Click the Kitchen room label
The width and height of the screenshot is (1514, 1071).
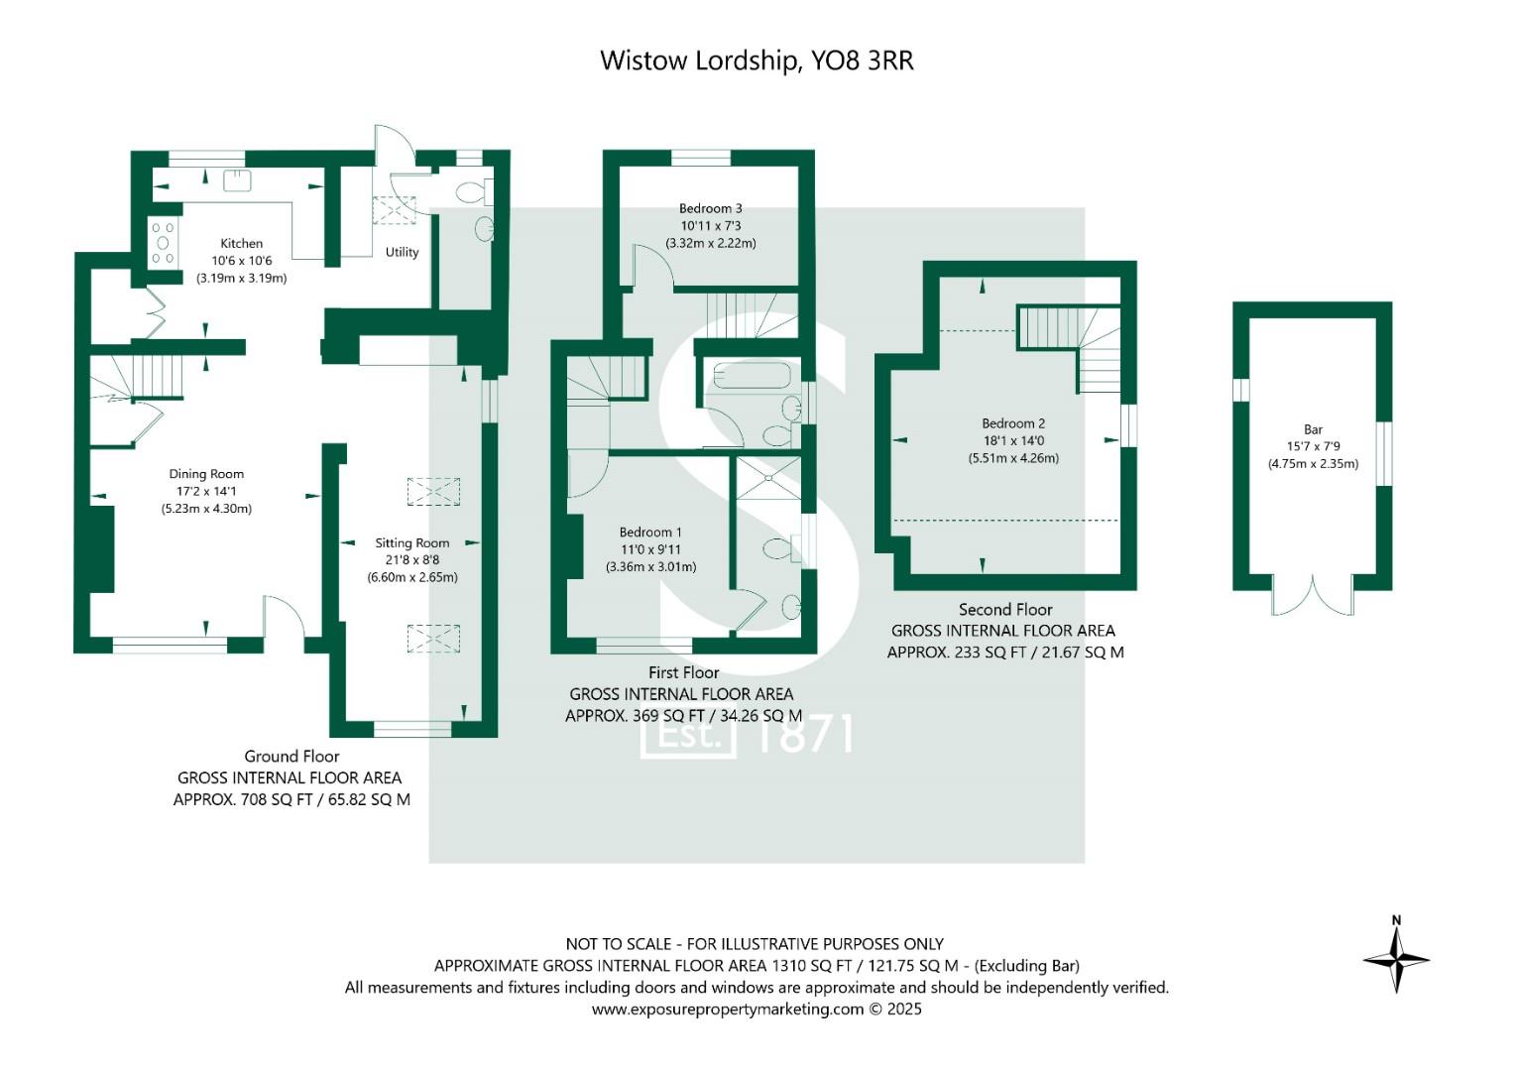point(241,243)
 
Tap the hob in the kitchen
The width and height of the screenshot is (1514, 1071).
point(164,243)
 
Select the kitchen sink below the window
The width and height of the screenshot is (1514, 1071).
point(237,179)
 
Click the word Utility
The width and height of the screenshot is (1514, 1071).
point(403,252)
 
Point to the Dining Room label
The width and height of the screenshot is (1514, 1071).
point(206,474)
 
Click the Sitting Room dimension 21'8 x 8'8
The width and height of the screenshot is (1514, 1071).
point(412,560)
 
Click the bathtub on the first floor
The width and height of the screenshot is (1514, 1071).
point(752,375)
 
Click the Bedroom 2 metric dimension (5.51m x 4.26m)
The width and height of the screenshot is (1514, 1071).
point(1013,458)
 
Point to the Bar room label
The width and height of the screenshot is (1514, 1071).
point(1314,429)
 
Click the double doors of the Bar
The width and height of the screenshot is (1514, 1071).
point(1313,595)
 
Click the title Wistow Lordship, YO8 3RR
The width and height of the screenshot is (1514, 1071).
point(757,60)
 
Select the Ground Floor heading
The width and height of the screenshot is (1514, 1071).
point(291,756)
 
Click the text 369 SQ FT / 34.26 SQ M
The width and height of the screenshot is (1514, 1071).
point(717,715)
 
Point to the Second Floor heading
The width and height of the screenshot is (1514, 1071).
point(1005,609)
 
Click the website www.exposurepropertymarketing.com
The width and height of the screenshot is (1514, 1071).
point(728,1010)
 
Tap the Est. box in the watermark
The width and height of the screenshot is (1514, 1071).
point(688,736)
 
